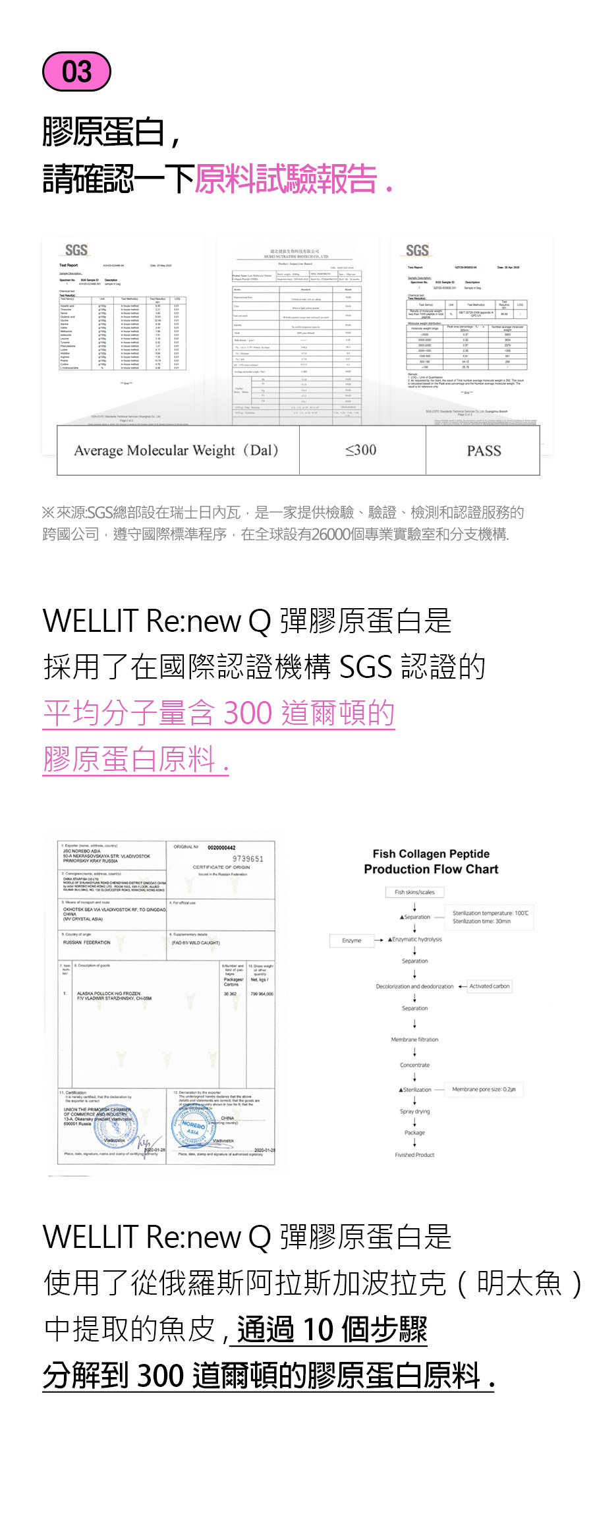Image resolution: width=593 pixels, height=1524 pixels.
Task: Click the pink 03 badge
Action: click(x=76, y=71)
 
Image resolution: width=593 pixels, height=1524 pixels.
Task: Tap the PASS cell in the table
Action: click(x=484, y=451)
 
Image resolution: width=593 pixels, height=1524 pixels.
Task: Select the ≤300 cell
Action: click(x=361, y=450)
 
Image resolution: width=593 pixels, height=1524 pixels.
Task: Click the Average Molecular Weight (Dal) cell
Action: click(x=177, y=451)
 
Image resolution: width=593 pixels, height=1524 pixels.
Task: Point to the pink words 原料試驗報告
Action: click(x=286, y=179)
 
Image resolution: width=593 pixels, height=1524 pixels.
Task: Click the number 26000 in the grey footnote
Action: click(x=331, y=534)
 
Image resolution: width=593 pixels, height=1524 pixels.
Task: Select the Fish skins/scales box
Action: click(x=414, y=892)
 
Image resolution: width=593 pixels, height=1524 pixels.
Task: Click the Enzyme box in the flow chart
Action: click(x=352, y=940)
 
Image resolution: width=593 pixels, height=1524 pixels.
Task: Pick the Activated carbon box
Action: click(x=490, y=986)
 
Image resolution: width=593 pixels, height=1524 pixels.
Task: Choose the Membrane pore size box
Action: click(x=484, y=1090)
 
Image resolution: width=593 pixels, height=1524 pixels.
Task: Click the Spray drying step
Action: click(x=414, y=1112)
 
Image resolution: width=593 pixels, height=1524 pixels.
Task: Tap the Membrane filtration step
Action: click(x=414, y=1040)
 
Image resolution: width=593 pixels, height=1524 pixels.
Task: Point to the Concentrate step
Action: click(x=414, y=1065)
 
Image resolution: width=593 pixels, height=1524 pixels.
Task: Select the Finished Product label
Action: click(x=414, y=1155)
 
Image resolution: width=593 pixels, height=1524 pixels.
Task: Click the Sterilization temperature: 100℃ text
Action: click(x=490, y=913)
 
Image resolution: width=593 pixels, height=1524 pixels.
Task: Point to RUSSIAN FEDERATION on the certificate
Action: click(x=87, y=943)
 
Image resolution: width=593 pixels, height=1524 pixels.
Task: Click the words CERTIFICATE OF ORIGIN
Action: click(x=221, y=867)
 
